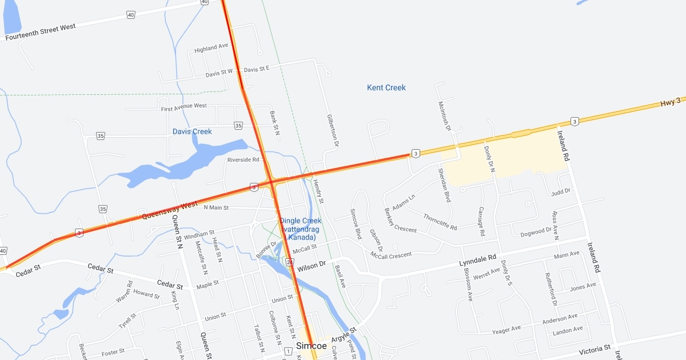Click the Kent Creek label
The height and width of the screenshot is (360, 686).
coord(386,87)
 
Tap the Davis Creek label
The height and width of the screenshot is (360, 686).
coord(192,131)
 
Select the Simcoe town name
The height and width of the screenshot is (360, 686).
coord(312,346)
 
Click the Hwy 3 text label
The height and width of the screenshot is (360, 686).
coord(671,102)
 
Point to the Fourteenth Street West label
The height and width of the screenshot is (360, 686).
coord(41,32)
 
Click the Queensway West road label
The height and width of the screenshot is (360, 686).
coord(169,210)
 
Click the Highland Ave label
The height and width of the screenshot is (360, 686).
coord(211,48)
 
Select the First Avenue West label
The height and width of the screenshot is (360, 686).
coord(184,107)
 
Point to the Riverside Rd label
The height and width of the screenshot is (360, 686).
coord(243,160)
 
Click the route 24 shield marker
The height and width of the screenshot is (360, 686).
coord(290,262)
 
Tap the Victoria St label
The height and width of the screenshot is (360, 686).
coord(595,347)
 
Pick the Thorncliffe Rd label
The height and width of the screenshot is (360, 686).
coord(440,222)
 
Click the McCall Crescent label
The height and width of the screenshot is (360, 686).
coord(390,255)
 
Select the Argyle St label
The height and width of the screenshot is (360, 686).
coord(344,335)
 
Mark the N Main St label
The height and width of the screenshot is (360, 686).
coord(216,207)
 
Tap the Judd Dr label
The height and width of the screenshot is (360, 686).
coord(560,191)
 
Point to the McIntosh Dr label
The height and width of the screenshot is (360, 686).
coord(444,118)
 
